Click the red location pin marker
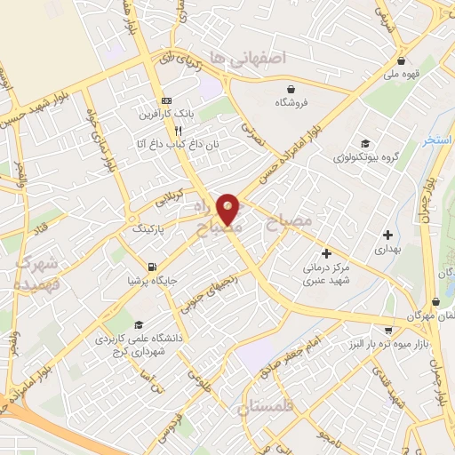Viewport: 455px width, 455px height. tap(229, 209)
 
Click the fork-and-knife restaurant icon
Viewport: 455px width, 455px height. tap(179, 130)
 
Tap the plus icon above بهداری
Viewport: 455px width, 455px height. tap(387, 235)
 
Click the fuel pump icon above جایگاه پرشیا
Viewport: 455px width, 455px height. tap(152, 267)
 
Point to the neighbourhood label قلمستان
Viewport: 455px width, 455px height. tap(266, 409)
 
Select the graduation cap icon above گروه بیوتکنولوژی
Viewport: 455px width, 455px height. tap(365, 144)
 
